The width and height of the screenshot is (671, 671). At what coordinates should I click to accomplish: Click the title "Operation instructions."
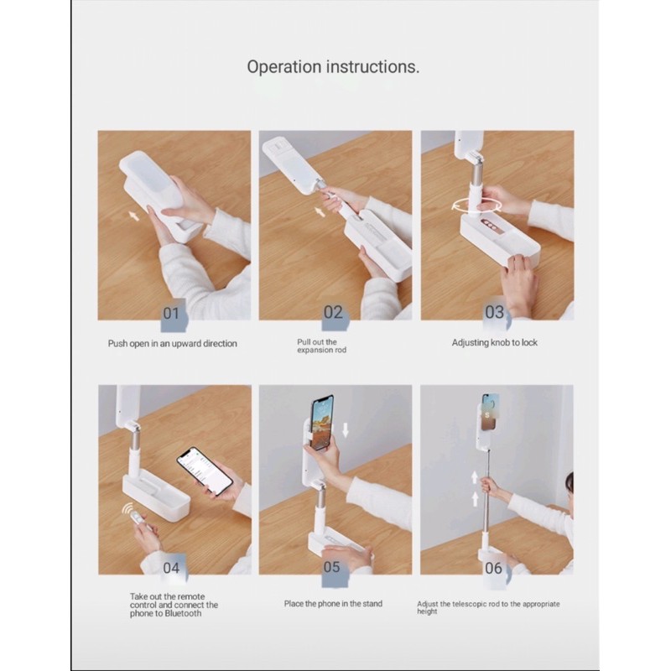[333, 67]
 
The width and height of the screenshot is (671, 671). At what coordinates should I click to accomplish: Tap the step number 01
[171, 314]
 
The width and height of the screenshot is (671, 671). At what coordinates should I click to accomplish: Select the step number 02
[333, 313]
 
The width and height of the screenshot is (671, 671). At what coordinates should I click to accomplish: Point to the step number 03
[494, 313]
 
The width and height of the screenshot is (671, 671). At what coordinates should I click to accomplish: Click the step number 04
[171, 568]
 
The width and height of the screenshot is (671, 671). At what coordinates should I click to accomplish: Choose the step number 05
[331, 568]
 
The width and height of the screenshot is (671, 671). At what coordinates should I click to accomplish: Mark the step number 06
[493, 569]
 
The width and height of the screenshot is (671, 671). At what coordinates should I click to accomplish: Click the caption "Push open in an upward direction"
[173, 344]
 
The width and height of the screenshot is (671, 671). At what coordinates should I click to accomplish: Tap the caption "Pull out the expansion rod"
[322, 346]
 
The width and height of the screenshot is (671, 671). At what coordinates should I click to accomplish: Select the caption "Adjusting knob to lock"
[495, 343]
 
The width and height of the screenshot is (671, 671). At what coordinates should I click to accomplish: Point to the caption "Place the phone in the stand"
[333, 604]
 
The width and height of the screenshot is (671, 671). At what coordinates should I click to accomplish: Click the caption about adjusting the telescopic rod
[488, 607]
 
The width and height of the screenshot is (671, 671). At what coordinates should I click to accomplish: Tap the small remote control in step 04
[137, 518]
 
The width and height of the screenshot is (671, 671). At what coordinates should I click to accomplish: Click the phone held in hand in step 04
[205, 471]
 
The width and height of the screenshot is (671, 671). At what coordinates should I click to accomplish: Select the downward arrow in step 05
[346, 430]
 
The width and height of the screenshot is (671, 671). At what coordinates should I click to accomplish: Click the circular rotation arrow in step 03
[476, 205]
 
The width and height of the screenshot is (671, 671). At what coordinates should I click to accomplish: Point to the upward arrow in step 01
[134, 216]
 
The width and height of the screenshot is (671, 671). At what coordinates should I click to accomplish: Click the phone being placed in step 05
[322, 423]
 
